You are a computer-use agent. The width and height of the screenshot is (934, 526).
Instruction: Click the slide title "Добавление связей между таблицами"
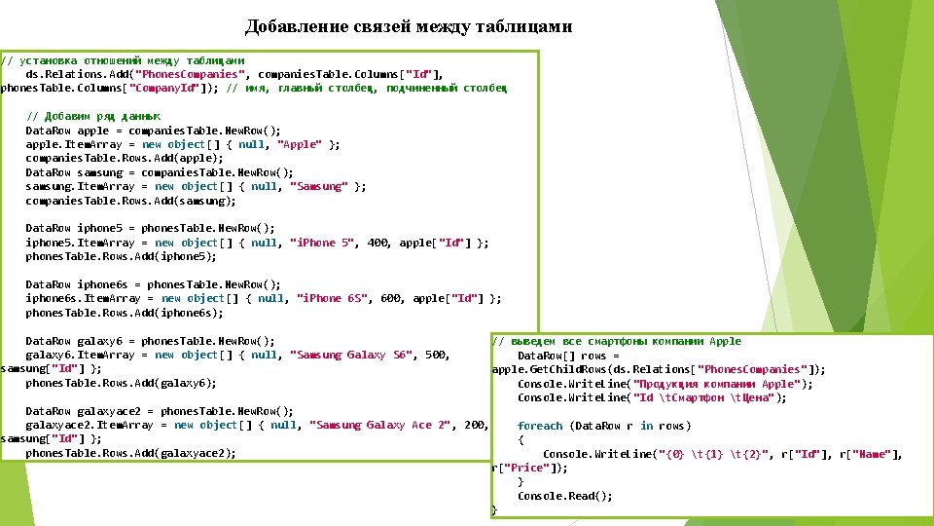(409, 26)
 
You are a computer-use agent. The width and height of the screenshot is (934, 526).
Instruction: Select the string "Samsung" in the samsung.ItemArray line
(318, 186)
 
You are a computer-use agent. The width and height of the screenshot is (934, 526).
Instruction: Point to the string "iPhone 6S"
(332, 298)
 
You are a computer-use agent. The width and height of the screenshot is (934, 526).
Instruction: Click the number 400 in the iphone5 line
(378, 243)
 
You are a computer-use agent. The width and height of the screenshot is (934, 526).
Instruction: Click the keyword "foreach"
(540, 426)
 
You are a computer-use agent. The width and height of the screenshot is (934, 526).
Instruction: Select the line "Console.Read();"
(565, 496)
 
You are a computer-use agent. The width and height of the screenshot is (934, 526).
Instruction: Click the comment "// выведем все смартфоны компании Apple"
(618, 341)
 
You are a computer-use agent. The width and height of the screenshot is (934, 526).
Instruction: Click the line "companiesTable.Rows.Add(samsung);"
(130, 201)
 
